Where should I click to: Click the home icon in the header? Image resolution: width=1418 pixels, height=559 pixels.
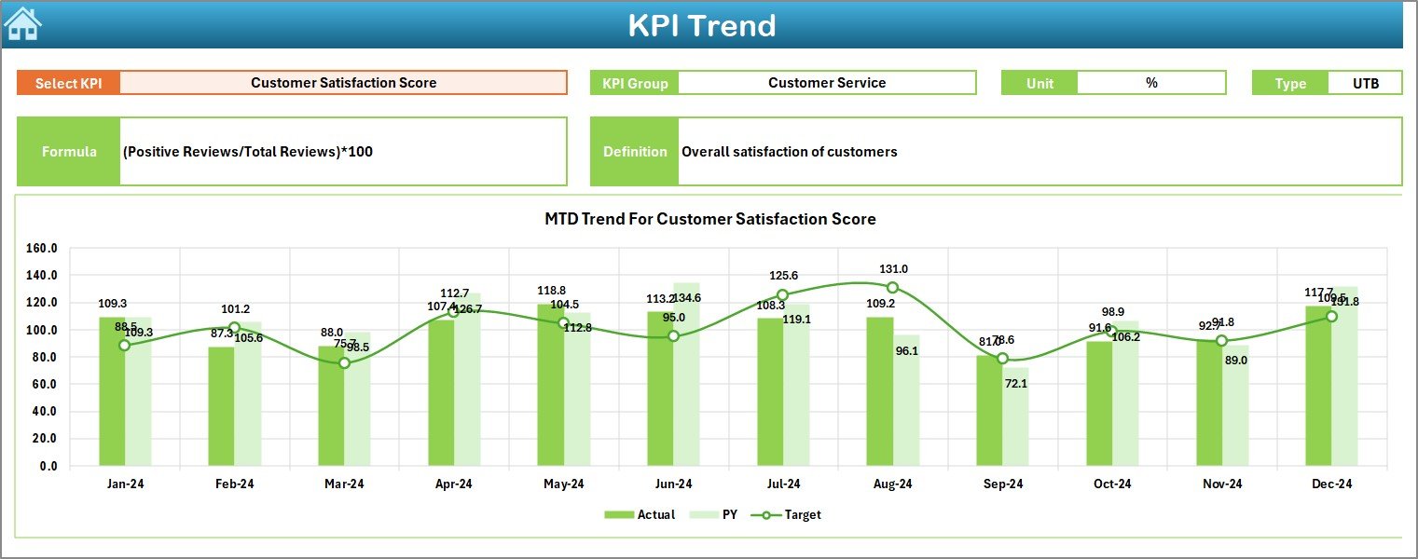pyautogui.click(x=22, y=23)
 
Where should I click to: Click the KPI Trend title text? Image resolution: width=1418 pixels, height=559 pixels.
pyautogui.click(x=701, y=25)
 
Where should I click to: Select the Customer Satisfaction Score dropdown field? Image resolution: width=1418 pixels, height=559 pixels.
pyautogui.click(x=343, y=83)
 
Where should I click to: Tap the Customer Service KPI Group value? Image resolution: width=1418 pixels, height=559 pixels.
pyautogui.click(x=826, y=83)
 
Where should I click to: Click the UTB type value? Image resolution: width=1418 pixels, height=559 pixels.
pyautogui.click(x=1365, y=83)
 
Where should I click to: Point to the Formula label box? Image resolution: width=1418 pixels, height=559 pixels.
pyautogui.click(x=69, y=152)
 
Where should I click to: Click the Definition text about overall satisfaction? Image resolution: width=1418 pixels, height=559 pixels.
pyautogui.click(x=789, y=152)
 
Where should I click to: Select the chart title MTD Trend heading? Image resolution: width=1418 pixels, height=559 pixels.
pyautogui.click(x=709, y=219)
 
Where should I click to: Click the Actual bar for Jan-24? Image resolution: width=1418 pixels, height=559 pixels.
pyautogui.click(x=112, y=391)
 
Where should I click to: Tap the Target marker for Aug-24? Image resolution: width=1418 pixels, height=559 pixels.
pyautogui.click(x=892, y=288)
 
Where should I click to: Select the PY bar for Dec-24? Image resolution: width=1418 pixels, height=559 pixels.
pyautogui.click(x=1344, y=376)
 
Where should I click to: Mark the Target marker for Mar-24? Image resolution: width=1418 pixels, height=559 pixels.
pyautogui.click(x=344, y=363)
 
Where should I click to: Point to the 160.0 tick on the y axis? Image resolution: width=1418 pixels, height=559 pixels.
pyautogui.click(x=42, y=249)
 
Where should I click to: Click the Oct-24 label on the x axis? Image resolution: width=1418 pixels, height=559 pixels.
pyautogui.click(x=1112, y=484)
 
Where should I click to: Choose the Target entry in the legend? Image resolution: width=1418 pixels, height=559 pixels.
pyautogui.click(x=792, y=514)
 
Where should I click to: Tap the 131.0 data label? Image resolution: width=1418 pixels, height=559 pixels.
pyautogui.click(x=893, y=269)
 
